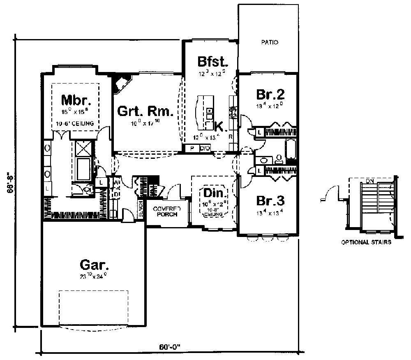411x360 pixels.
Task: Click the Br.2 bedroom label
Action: [x=270, y=94]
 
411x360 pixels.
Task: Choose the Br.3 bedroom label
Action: [x=270, y=201]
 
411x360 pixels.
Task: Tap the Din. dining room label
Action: [x=214, y=193]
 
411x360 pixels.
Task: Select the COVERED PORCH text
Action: [x=165, y=211]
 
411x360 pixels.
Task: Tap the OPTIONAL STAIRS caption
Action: [x=366, y=242]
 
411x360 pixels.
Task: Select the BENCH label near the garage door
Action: [x=141, y=209]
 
